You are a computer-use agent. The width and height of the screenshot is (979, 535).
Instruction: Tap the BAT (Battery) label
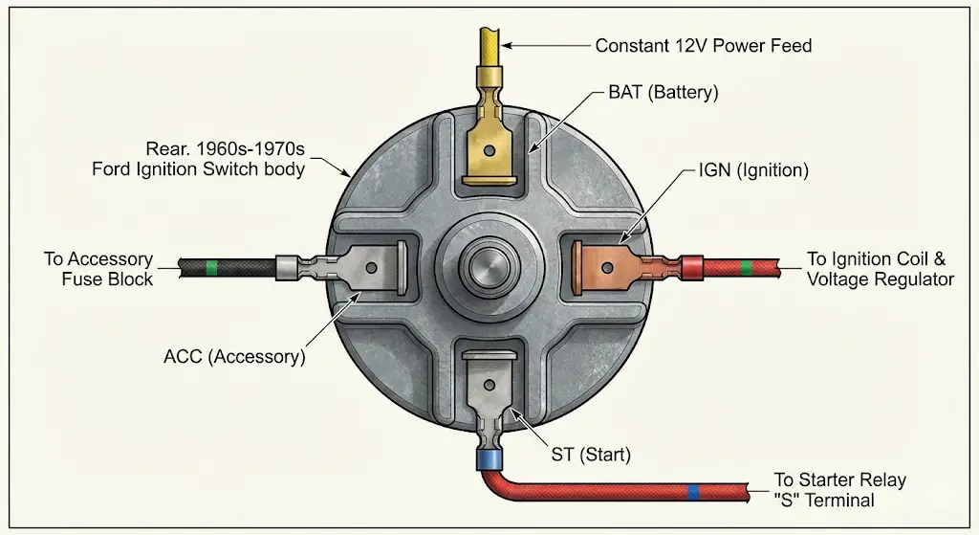663,93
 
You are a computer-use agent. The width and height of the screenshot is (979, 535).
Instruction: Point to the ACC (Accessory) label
234,357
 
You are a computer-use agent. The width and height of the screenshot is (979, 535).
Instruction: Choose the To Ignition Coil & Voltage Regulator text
880,269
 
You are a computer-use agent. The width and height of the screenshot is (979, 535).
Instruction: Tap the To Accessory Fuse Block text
98,269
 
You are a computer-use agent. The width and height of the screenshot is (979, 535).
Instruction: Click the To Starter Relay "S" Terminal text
839,489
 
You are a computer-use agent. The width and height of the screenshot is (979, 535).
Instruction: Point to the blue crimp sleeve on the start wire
489,460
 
